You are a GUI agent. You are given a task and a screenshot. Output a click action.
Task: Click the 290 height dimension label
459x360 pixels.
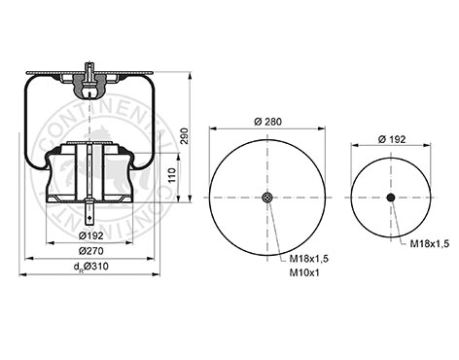click(x=184, y=136)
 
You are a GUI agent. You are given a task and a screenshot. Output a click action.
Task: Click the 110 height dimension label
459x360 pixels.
click(x=172, y=175)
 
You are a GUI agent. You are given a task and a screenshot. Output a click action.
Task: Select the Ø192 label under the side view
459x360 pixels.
click(x=91, y=235)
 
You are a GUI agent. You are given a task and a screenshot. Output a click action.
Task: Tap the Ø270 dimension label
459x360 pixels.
click(x=91, y=251)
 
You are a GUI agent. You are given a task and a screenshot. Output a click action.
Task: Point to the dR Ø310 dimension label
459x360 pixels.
click(x=91, y=267)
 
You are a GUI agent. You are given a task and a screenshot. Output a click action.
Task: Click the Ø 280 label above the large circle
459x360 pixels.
click(x=268, y=122)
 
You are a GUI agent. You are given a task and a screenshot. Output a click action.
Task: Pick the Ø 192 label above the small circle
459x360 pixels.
click(x=392, y=139)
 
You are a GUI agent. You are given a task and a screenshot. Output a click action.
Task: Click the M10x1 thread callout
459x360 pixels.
click(x=304, y=272)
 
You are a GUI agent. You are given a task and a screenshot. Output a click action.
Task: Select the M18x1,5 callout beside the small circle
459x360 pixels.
click(x=430, y=244)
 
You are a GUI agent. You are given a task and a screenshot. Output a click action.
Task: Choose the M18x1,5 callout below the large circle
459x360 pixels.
click(x=309, y=259)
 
